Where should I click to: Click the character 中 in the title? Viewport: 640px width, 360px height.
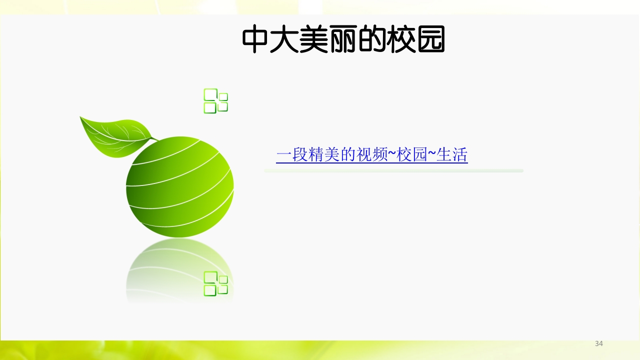click(256, 40)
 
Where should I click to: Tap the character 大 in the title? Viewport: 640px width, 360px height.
click(284, 40)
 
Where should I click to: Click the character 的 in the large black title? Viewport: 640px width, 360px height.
click(372, 40)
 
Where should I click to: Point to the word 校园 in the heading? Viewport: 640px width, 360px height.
click(416, 40)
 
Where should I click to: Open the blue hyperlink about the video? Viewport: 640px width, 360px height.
click(371, 155)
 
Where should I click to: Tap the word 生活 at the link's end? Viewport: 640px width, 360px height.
click(452, 155)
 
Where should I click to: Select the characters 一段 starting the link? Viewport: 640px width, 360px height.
click(291, 155)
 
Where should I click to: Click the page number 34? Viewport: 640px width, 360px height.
click(598, 343)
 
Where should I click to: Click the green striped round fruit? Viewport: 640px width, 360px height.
click(180, 187)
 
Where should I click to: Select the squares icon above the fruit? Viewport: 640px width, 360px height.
click(215, 100)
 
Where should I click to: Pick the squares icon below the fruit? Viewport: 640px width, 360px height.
click(215, 283)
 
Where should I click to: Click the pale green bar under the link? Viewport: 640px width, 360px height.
click(393, 171)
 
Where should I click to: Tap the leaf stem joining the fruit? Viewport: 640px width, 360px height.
click(154, 138)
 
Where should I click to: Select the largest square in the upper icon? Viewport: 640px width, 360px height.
click(210, 94)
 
